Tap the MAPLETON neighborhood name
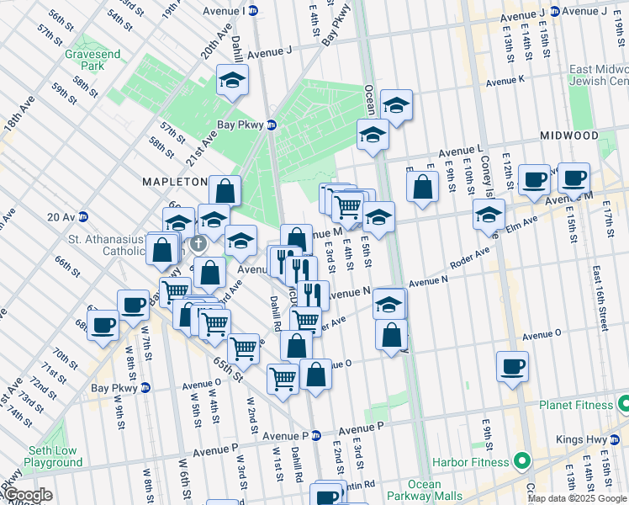pyautogui.click(x=174, y=182)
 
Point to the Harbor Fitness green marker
pyautogui.click(x=521, y=462)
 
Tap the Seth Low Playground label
pyautogui.click(x=53, y=456)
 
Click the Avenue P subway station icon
pyautogui.click(x=317, y=436)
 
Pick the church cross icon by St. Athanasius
pyautogui.click(x=198, y=244)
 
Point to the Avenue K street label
pyautogui.click(x=505, y=81)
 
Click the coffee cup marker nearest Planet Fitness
pyautogui.click(x=513, y=369)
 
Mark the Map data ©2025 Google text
pyautogui.click(x=577, y=498)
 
